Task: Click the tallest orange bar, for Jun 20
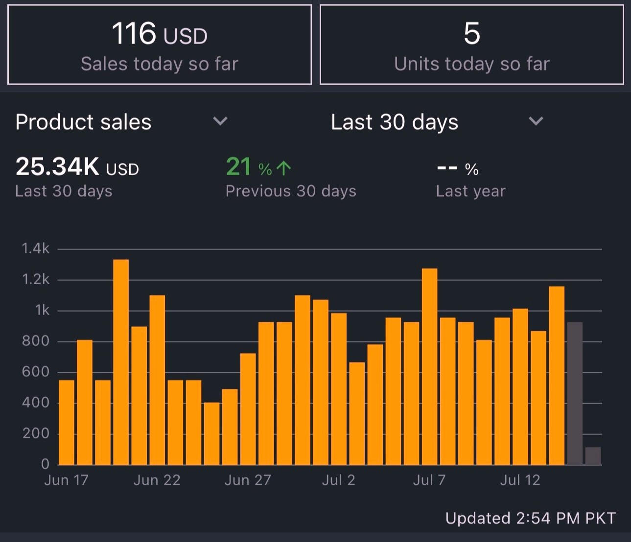pos(121,362)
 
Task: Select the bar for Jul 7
pos(429,367)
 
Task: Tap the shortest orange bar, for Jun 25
pos(211,433)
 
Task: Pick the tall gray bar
pos(575,393)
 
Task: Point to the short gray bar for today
pos(593,456)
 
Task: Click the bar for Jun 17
pos(67,422)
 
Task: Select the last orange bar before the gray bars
pos(557,376)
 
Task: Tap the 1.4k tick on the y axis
pos(36,249)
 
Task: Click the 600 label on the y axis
pos(36,372)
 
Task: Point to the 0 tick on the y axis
pos(45,464)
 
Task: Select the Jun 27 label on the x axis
pos(248,480)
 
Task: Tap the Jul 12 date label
pos(520,480)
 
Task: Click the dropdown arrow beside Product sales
pos(220,121)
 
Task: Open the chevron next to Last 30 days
pos(536,121)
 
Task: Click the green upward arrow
pos(283,168)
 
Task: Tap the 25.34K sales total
pos(58,167)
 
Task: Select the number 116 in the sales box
pos(134,34)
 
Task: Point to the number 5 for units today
pos(472,34)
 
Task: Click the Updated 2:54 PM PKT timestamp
pos(530,518)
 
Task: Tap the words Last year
pos(470,191)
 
